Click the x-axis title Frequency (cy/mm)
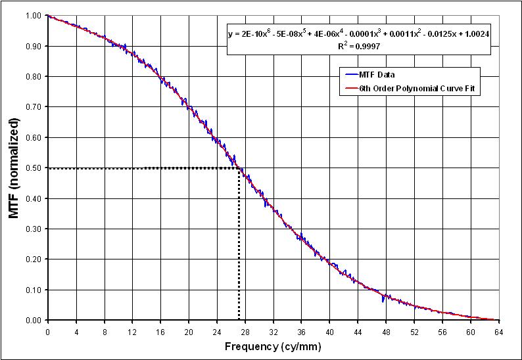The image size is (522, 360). click(x=273, y=346)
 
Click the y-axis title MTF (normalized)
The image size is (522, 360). click(x=14, y=168)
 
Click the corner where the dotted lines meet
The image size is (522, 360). click(x=238, y=168)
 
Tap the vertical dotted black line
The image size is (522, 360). click(x=238, y=250)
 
